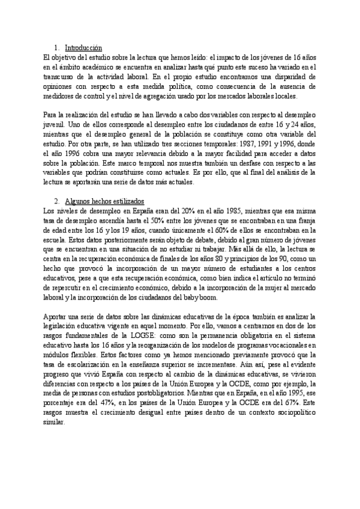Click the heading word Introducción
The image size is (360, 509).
pos(83,47)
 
